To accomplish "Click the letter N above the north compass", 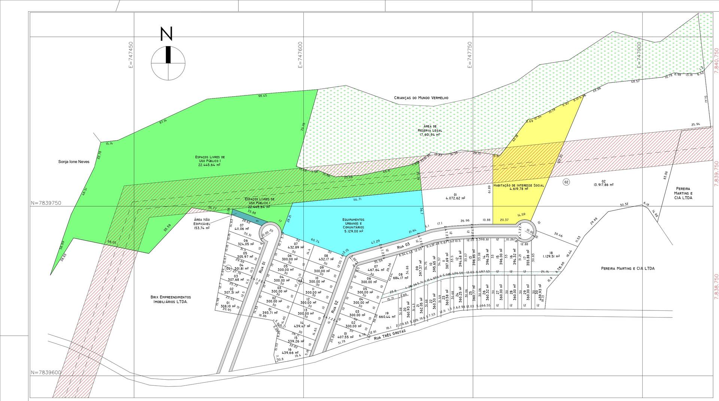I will (x=167, y=34).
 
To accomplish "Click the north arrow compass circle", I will (x=168, y=63).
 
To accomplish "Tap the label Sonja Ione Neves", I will (x=74, y=162).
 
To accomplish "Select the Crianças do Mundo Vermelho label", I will (x=421, y=98).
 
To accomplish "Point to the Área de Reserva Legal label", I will (x=430, y=131).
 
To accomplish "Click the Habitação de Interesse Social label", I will (x=519, y=187).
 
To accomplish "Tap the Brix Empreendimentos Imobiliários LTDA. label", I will (x=170, y=299).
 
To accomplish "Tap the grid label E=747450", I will (x=131, y=55).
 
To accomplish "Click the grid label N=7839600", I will (x=46, y=373).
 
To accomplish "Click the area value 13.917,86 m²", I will (x=603, y=185).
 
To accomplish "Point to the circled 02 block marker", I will (x=566, y=182).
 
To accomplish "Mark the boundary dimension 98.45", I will (x=263, y=95).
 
